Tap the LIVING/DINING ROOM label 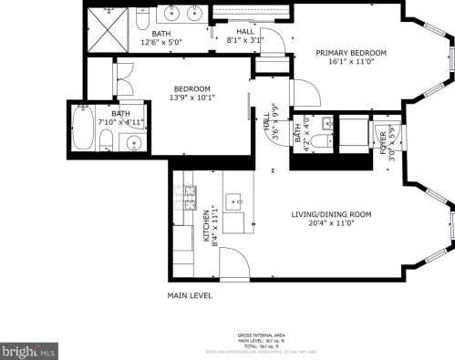pos(331,214)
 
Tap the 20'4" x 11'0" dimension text pos(331,224)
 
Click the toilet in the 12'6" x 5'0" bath pos(143,18)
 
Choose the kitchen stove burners pos(191,192)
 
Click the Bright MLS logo pos(29,349)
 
